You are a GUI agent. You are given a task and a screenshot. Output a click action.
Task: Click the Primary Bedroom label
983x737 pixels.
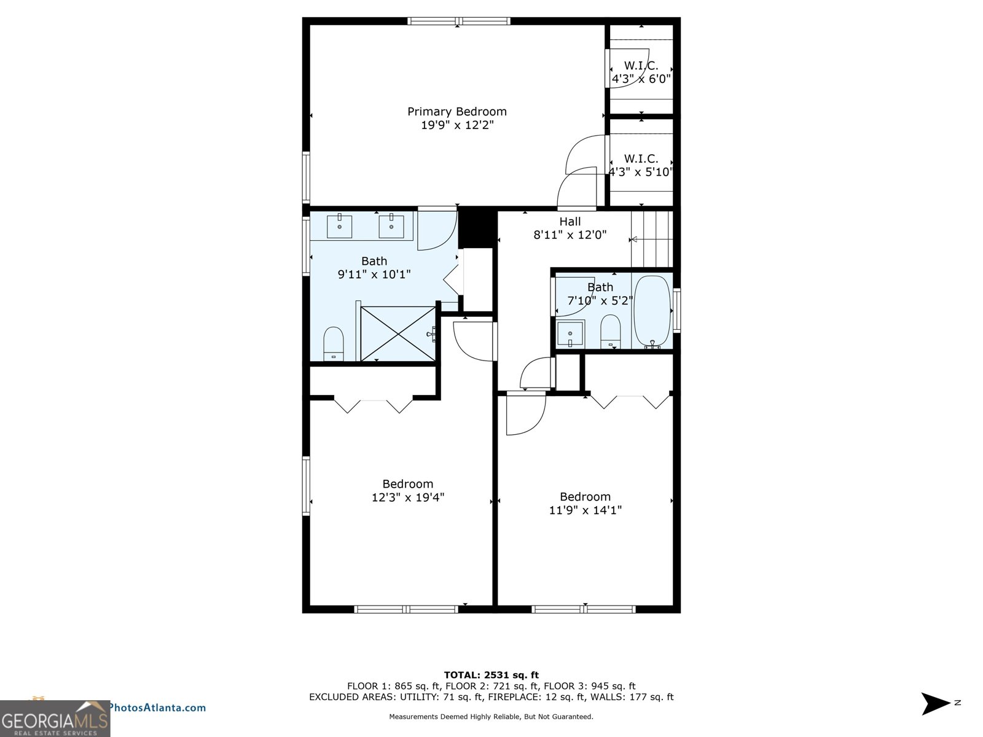click(457, 112)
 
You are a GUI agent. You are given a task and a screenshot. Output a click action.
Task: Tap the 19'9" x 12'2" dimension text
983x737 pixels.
click(457, 125)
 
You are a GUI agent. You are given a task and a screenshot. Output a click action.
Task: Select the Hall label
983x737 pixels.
click(570, 222)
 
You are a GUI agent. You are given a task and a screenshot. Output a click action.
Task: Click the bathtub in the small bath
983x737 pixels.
click(652, 311)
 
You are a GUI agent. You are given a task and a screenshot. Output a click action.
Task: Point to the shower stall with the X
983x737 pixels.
click(398, 333)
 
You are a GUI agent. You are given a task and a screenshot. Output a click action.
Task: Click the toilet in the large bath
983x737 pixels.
click(333, 343)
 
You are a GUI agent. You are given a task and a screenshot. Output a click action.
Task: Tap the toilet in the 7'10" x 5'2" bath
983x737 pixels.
click(611, 331)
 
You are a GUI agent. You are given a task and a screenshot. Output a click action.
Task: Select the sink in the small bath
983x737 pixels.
click(570, 333)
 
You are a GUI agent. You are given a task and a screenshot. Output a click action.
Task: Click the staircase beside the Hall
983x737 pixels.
click(652, 240)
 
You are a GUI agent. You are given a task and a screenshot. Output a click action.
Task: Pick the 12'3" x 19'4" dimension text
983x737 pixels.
click(408, 497)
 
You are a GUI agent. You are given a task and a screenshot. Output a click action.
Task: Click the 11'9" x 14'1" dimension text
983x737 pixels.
click(585, 510)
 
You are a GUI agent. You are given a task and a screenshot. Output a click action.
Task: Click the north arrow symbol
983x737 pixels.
click(935, 704)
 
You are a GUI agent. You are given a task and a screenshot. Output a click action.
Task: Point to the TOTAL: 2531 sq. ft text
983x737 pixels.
click(491, 675)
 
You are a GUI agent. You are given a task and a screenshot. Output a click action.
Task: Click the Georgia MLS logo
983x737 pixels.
click(55, 719)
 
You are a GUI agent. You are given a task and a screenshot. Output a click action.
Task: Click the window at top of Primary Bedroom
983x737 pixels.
click(458, 21)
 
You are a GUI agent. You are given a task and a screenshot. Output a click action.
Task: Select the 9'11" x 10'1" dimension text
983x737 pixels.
click(374, 275)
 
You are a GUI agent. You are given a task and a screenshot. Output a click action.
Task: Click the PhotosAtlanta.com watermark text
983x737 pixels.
click(158, 708)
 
